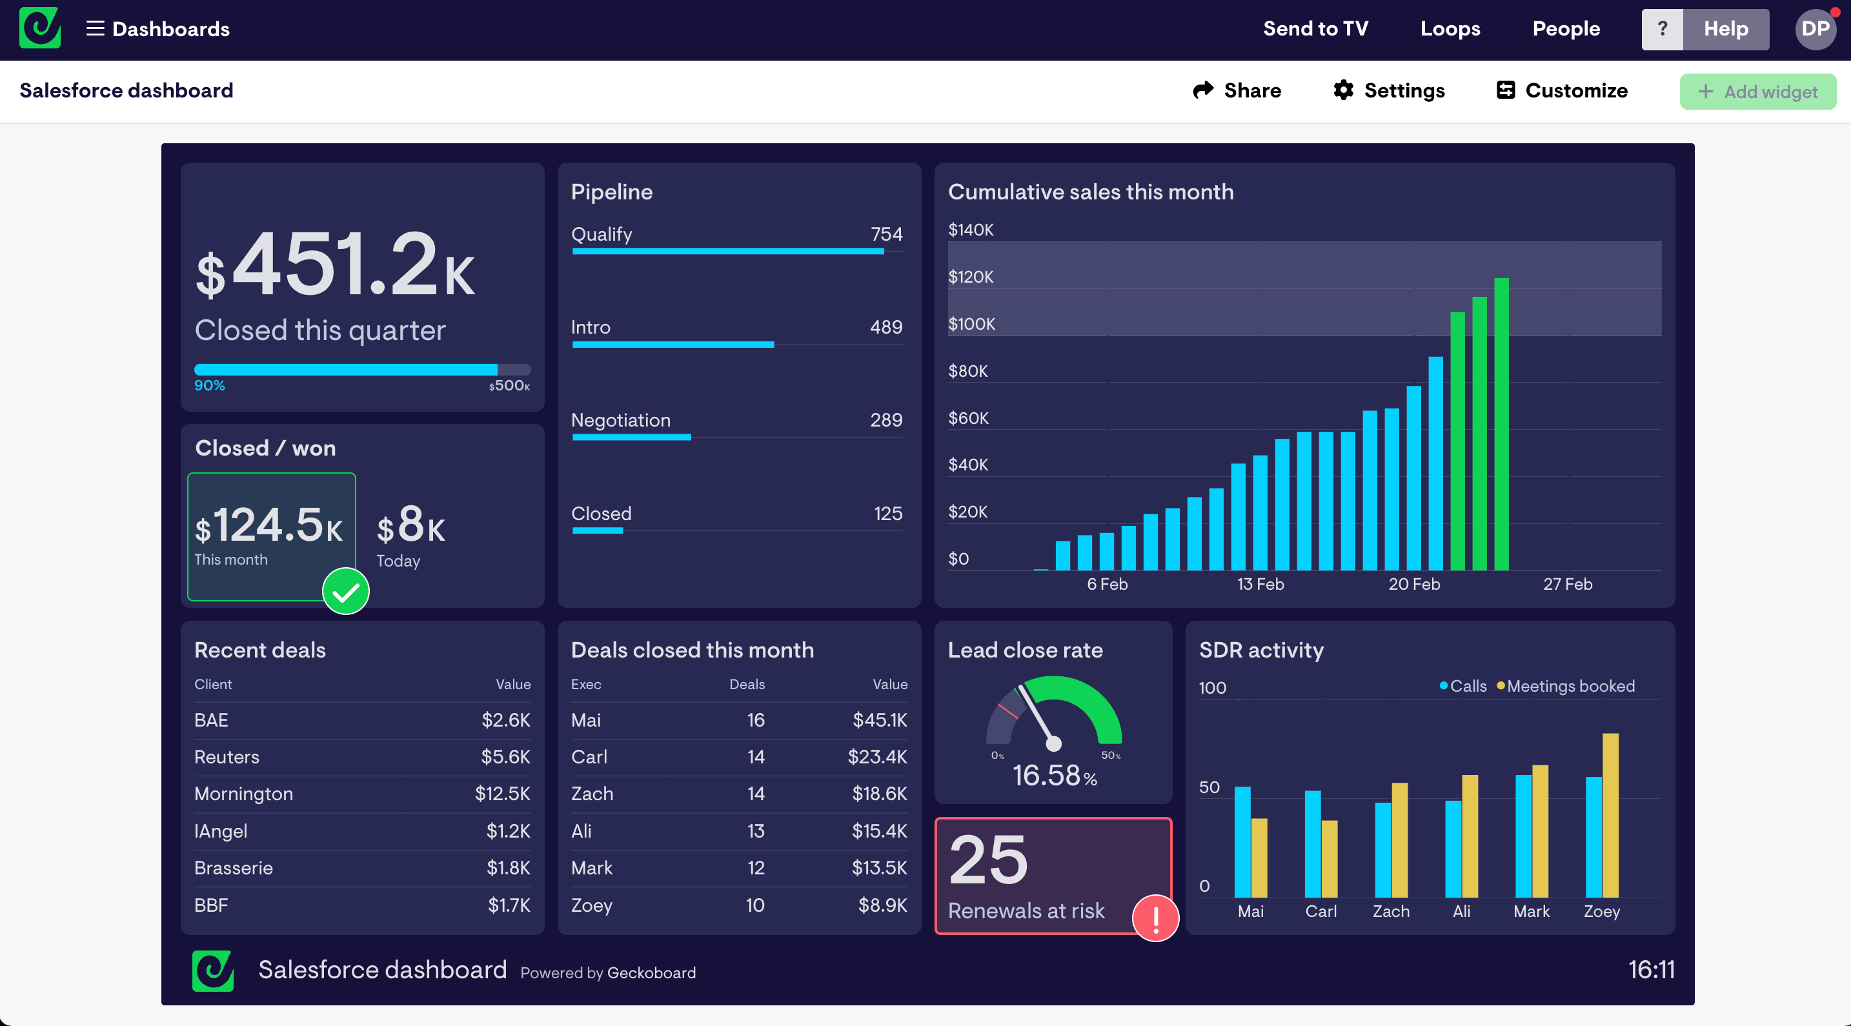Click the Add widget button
point(1757,91)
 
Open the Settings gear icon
point(1343,90)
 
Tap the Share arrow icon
point(1203,90)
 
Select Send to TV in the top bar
point(1315,29)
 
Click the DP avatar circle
point(1815,29)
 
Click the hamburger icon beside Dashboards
point(95,29)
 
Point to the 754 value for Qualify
point(886,234)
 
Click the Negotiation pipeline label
point(620,420)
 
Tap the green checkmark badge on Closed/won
point(346,591)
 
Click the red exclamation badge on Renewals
point(1155,918)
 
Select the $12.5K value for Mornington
point(502,794)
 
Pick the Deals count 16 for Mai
point(755,720)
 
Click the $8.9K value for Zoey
point(882,905)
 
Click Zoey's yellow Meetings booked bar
point(1610,816)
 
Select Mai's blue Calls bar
point(1242,842)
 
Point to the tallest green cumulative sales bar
point(1501,424)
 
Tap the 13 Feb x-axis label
point(1260,584)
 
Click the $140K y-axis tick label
point(971,230)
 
